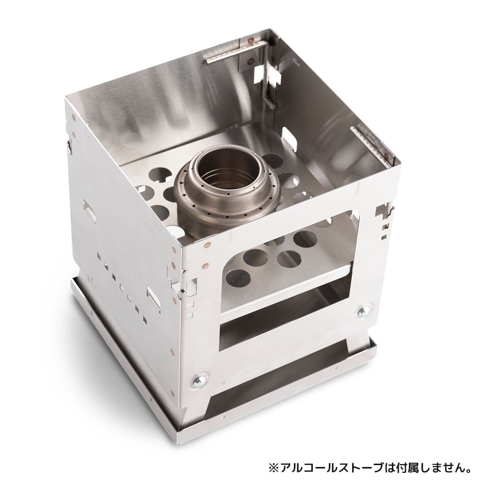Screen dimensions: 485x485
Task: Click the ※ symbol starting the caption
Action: [274, 469]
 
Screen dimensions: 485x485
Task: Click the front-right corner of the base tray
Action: [377, 343]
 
